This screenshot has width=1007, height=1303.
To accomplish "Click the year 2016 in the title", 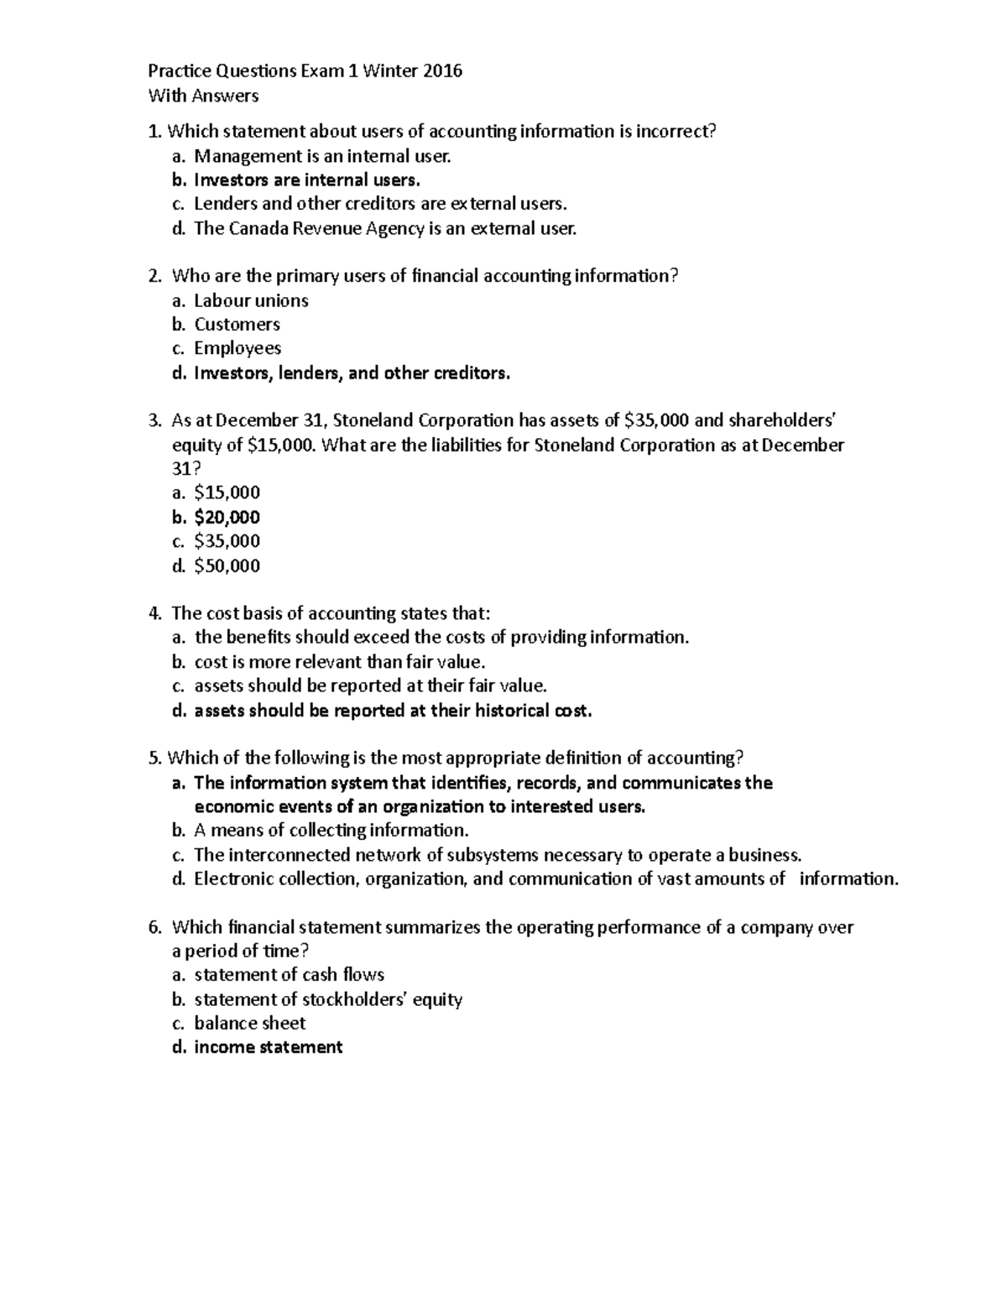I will click(441, 71).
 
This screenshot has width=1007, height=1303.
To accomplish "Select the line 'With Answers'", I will click(203, 96).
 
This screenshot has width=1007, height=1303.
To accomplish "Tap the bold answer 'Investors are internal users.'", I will click(307, 180).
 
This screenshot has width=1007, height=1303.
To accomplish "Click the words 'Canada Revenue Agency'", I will click(323, 228).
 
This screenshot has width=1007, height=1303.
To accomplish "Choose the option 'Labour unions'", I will click(251, 300).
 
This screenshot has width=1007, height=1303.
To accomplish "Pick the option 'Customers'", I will click(237, 324).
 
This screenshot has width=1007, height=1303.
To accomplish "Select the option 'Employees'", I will click(237, 348).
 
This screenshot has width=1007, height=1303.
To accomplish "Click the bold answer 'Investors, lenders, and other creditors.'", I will click(352, 373).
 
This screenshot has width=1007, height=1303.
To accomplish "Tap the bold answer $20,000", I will click(227, 517).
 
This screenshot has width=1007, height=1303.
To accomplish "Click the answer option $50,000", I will click(227, 566).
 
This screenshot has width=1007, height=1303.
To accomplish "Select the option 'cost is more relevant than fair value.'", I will click(340, 662).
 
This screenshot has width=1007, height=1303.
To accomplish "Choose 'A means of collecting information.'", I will click(331, 831).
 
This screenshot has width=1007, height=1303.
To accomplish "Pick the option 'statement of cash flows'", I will click(289, 975).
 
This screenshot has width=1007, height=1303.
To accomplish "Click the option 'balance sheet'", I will click(249, 1023).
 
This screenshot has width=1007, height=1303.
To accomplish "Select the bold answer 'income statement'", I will click(268, 1047).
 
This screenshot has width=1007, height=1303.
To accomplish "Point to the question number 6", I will click(154, 927).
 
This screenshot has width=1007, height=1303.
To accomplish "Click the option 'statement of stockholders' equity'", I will click(328, 999).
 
